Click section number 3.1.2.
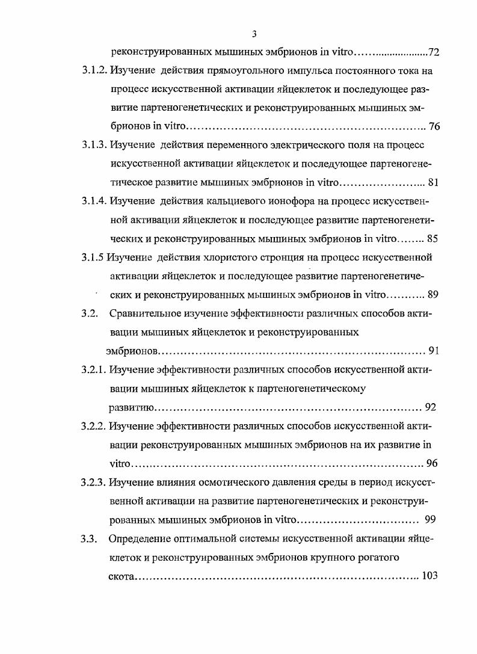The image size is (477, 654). (94, 71)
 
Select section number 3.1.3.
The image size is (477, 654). (94, 146)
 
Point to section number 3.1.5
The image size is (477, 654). (93, 258)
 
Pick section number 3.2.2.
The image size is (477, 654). (94, 427)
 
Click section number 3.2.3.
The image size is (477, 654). (94, 482)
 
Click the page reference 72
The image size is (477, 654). (434, 52)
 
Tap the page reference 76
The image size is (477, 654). (435, 127)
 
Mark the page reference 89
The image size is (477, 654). (433, 295)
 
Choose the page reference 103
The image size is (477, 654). (429, 576)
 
